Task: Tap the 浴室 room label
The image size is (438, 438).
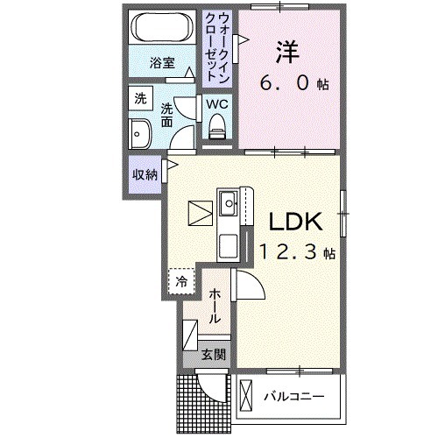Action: pos(161,63)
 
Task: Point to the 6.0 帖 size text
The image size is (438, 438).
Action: pos(293,84)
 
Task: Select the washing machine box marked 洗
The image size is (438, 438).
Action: pos(140,99)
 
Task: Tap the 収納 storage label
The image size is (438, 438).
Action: pos(145,173)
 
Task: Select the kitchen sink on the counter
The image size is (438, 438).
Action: pos(230,206)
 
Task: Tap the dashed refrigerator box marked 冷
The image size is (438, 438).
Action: pos(180,281)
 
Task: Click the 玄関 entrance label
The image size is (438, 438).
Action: pos(214,355)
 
